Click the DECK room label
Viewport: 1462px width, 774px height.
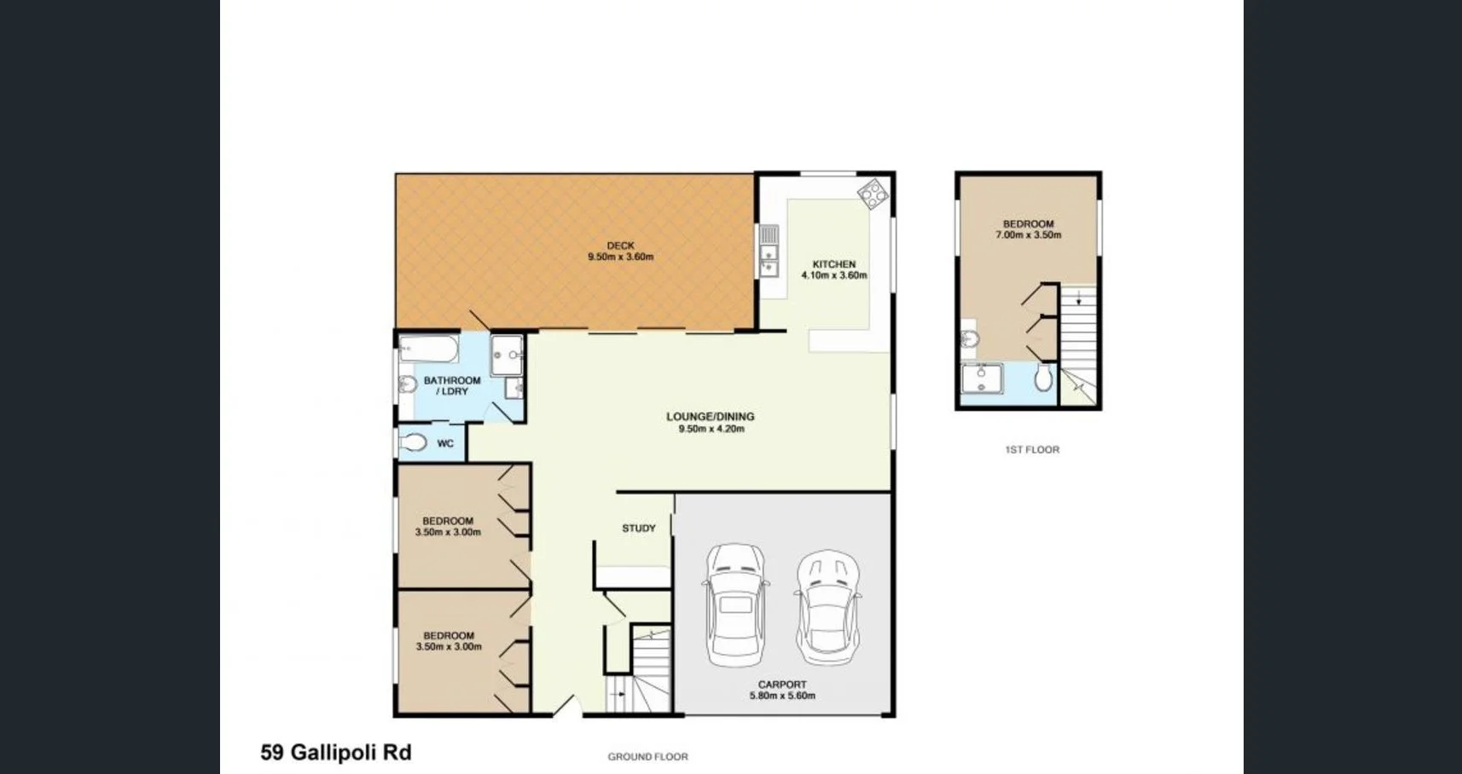point(620,245)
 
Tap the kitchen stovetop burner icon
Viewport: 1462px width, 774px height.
point(873,193)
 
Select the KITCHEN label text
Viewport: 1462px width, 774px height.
point(833,264)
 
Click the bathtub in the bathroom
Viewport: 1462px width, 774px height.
point(429,349)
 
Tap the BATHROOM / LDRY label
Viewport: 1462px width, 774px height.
point(452,386)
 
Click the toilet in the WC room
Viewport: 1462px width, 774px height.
point(414,442)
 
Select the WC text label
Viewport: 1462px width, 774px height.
point(445,443)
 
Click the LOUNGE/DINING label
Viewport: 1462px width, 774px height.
point(710,417)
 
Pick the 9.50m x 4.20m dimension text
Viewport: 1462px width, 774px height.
point(711,429)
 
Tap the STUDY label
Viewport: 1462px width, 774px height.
point(639,529)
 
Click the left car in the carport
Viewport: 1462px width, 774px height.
point(734,605)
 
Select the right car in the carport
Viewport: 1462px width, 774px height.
point(827,606)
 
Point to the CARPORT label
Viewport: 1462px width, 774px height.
point(782,684)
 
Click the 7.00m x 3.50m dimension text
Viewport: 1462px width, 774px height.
point(1028,235)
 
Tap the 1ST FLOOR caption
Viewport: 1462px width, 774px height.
point(1032,449)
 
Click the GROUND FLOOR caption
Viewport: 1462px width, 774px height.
point(647,756)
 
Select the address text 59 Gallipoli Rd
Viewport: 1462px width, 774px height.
point(336,752)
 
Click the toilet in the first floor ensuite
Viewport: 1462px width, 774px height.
point(1043,378)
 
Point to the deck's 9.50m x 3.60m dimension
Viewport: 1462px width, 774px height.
point(620,257)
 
